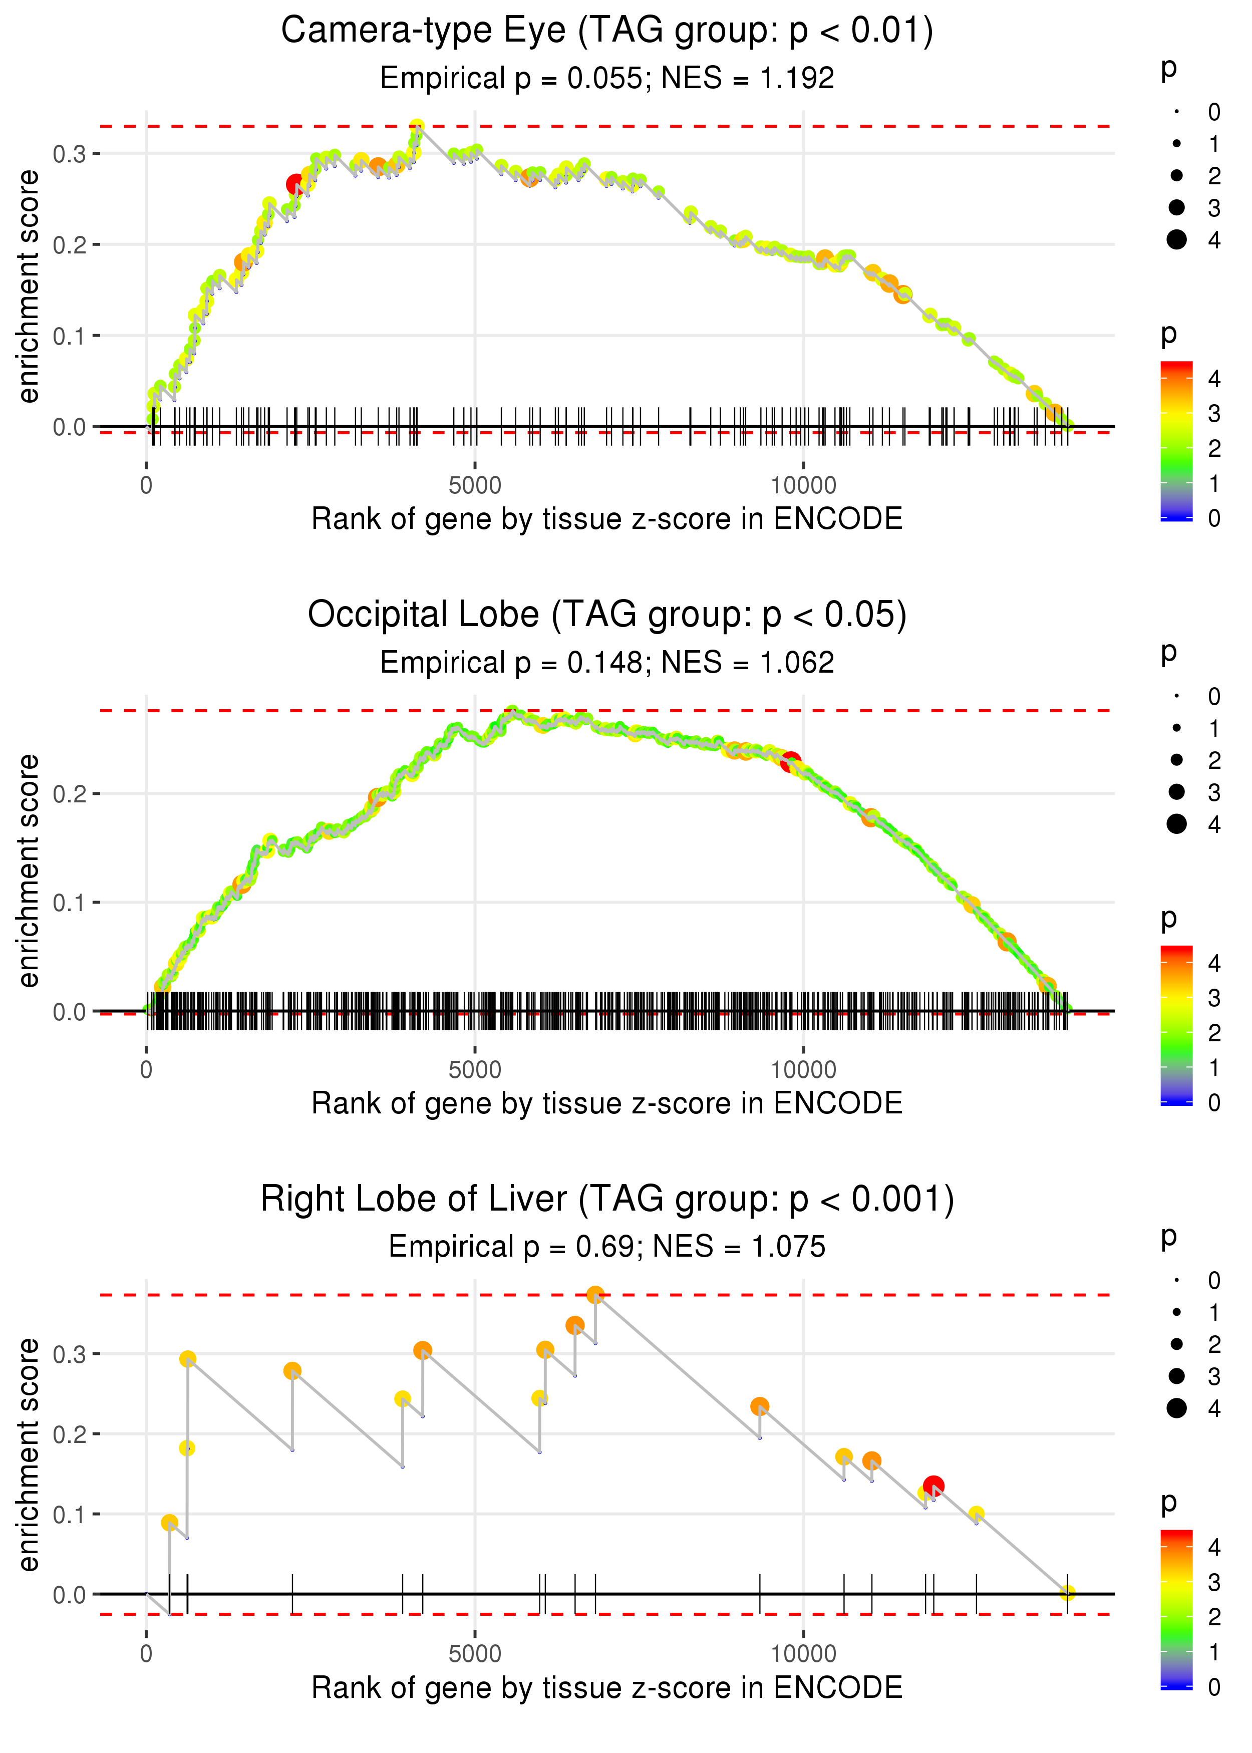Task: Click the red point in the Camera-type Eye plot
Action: [x=295, y=184]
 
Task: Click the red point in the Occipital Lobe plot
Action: [x=790, y=762]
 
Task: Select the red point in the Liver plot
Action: [x=933, y=1486]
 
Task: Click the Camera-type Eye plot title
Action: [x=607, y=31]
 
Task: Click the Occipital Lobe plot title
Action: [x=607, y=615]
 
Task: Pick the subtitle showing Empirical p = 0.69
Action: [x=607, y=1247]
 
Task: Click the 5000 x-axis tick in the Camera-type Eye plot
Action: [x=475, y=486]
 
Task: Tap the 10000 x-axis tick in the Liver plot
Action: [x=803, y=1653]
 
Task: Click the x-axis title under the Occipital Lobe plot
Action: [x=607, y=1103]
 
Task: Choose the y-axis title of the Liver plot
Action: [x=29, y=1454]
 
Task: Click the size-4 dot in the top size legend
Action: [x=1176, y=240]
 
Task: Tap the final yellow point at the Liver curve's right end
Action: [x=1067, y=1593]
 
